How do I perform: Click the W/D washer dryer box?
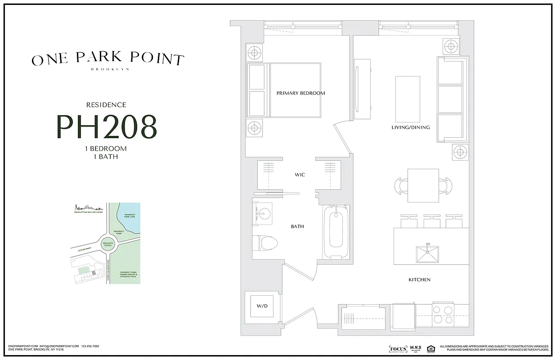point(262,306)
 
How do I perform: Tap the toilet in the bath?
point(265,243)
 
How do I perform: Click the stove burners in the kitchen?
point(443,315)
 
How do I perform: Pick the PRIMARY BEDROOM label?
point(300,93)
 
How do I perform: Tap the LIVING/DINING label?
point(410,127)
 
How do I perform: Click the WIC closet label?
point(300,175)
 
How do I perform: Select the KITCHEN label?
point(419,280)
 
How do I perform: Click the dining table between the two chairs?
point(423,185)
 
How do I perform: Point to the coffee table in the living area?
point(408,99)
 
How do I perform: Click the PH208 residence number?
point(106,126)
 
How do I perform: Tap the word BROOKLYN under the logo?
point(110,69)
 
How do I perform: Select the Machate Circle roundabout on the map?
point(108,245)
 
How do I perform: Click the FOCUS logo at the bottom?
point(398,349)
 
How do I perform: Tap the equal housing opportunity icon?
point(430,348)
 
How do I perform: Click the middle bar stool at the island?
point(432,220)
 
